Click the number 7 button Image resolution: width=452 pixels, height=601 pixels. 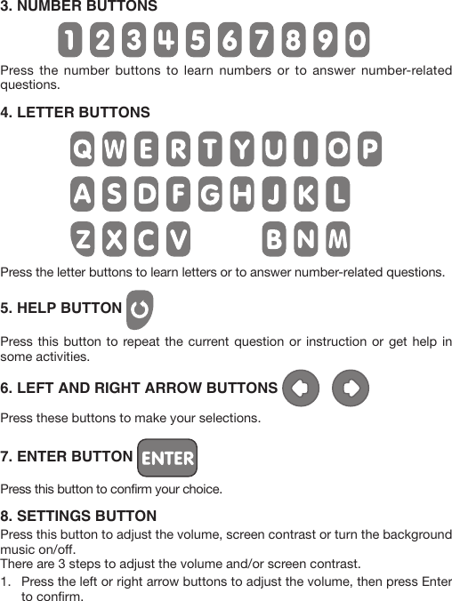click(x=262, y=40)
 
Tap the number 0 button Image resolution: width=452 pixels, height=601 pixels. click(x=356, y=40)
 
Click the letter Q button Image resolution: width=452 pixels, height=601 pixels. click(x=82, y=149)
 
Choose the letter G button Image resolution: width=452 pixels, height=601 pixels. click(x=209, y=194)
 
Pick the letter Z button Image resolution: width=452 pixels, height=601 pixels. click(x=82, y=238)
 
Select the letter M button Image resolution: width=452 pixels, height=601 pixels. click(x=337, y=238)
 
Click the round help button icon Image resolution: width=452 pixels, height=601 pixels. click(x=140, y=309)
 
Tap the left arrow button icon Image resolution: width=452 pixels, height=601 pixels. click(x=300, y=388)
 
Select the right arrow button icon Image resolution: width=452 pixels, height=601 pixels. click(x=351, y=388)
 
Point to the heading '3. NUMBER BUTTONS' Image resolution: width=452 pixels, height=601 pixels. click(x=79, y=6)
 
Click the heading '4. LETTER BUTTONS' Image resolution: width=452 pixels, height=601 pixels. click(x=76, y=113)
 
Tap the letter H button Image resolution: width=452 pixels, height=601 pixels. click(x=241, y=194)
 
